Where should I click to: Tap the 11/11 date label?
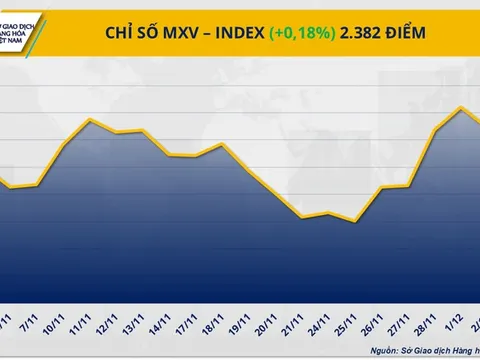[x=84, y=325]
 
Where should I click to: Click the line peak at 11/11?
[x=91, y=120]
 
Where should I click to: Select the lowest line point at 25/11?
[x=355, y=221]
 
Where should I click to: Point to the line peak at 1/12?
[x=460, y=107]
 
